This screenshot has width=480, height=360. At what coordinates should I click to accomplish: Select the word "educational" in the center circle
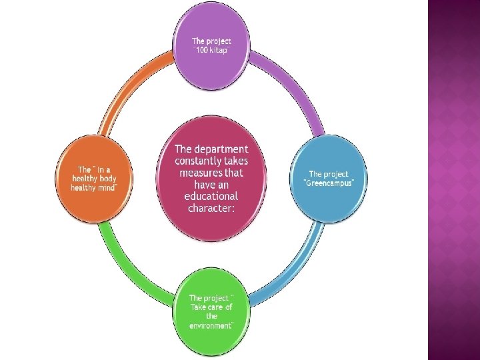pos(211,196)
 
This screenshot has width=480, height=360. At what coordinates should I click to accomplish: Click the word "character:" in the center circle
pos(211,208)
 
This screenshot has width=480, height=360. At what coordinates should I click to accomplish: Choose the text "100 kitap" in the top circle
pos(212,51)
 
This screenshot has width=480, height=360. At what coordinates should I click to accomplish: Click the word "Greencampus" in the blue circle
pos(328,183)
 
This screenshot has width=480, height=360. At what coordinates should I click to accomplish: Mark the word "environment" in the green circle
pos(211,325)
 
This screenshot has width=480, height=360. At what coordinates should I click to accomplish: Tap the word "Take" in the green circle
pos(199,307)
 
